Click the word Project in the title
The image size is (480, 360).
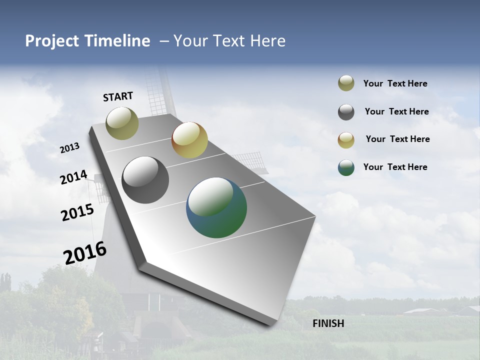tap(50, 41)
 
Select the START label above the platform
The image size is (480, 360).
tap(118, 96)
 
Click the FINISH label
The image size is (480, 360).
tap(328, 323)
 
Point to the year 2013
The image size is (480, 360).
tap(69, 148)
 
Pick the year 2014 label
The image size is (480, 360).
tap(73, 177)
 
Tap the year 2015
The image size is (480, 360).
tap(77, 212)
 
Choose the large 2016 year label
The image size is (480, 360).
tap(85, 252)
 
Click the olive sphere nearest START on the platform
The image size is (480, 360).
tap(122, 123)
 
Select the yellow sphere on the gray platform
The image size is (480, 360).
tap(189, 140)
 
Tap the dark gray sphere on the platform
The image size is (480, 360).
tap(145, 180)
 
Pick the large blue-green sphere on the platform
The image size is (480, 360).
tap(216, 207)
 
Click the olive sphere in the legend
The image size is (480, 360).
tap(346, 83)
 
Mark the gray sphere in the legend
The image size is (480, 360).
tap(346, 112)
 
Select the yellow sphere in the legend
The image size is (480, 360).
tap(346, 140)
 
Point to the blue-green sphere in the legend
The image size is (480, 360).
tap(346, 167)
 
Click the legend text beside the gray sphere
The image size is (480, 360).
tap(396, 111)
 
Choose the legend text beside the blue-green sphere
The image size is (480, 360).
tap(395, 167)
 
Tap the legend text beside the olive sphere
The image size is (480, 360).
tap(395, 83)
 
